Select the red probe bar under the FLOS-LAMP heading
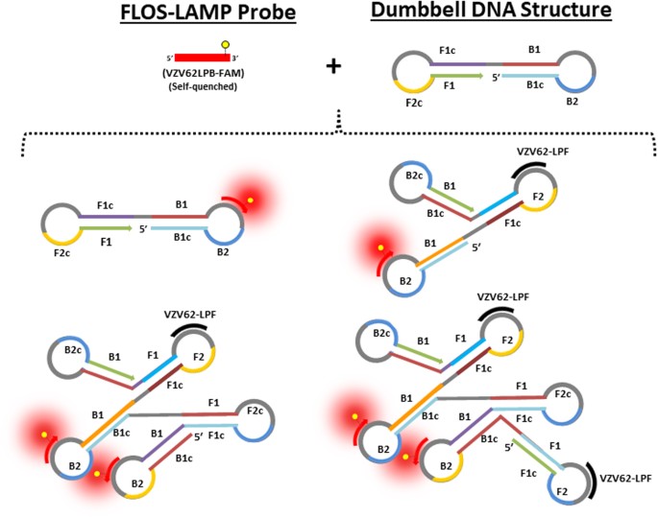point(203,59)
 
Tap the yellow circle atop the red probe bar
point(226,44)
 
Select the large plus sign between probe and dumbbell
point(333,65)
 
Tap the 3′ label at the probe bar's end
point(236,59)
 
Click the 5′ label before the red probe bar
point(169,59)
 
